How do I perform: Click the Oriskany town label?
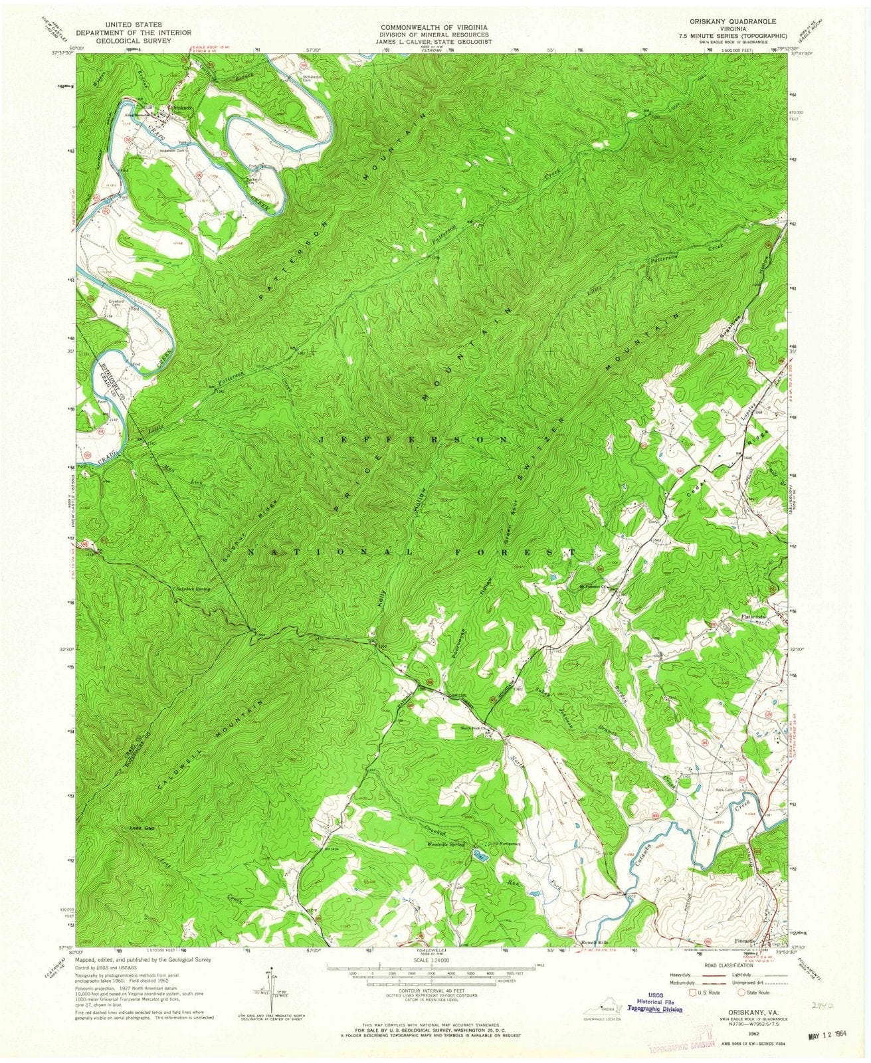tap(181, 108)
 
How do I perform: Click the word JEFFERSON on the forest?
tap(414, 440)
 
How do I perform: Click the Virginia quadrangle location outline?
tap(602, 1005)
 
